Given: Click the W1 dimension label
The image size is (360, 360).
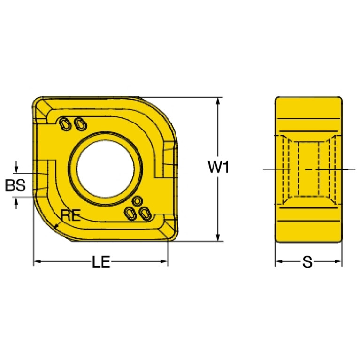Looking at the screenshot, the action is pyautogui.click(x=218, y=167).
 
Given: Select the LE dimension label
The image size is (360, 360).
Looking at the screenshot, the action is pyautogui.click(x=101, y=262).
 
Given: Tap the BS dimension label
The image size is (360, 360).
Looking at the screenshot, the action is pyautogui.click(x=15, y=185).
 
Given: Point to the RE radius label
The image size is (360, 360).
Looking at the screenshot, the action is pyautogui.click(x=70, y=215).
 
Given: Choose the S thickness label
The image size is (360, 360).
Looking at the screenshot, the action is pyautogui.click(x=307, y=262).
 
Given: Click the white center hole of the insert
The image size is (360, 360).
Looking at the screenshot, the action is pyautogui.click(x=106, y=169).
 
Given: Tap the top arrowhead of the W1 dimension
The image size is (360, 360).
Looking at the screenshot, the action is pyautogui.click(x=218, y=101).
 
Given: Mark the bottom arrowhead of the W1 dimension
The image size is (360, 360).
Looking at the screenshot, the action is pyautogui.click(x=218, y=237).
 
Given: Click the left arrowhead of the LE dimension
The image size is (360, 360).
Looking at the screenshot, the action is pyautogui.click(x=38, y=261).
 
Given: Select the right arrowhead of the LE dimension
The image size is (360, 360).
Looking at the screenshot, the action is pyautogui.click(x=164, y=261).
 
